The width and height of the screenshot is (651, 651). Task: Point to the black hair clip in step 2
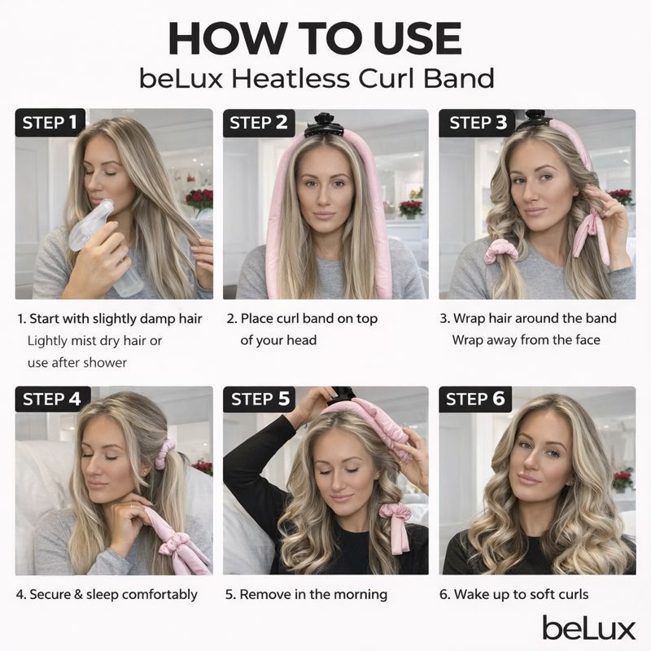point(324,124)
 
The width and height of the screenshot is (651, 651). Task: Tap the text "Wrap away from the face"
point(526,339)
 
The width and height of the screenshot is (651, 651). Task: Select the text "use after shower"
point(77,362)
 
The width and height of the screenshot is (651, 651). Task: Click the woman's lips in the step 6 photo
point(529,478)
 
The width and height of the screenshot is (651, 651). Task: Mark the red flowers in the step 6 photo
point(623,478)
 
